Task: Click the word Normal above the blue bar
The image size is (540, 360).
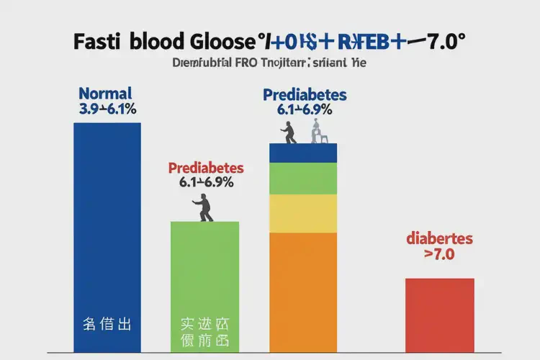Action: coord(105,94)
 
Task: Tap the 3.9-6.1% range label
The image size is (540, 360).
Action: coord(107,110)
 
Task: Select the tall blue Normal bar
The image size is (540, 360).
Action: coord(107,216)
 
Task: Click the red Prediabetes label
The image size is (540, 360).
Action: coord(206,168)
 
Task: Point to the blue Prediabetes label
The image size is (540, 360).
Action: coord(305,95)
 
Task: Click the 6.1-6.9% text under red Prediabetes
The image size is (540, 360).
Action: coord(206,183)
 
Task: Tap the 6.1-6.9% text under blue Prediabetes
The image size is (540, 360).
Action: coord(305,110)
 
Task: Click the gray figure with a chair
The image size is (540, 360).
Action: coord(318,132)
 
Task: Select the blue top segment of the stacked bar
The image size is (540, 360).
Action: coord(303,153)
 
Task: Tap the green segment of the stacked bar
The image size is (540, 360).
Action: coord(303,179)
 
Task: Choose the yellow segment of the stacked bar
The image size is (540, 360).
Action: coord(303,213)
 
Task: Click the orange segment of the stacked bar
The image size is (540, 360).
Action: coord(303,288)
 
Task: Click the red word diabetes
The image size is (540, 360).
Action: coord(439,238)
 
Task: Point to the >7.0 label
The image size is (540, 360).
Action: coord(439,254)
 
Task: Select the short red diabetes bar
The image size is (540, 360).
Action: coord(439,314)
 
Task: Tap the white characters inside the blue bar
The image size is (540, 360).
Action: coord(107,323)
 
